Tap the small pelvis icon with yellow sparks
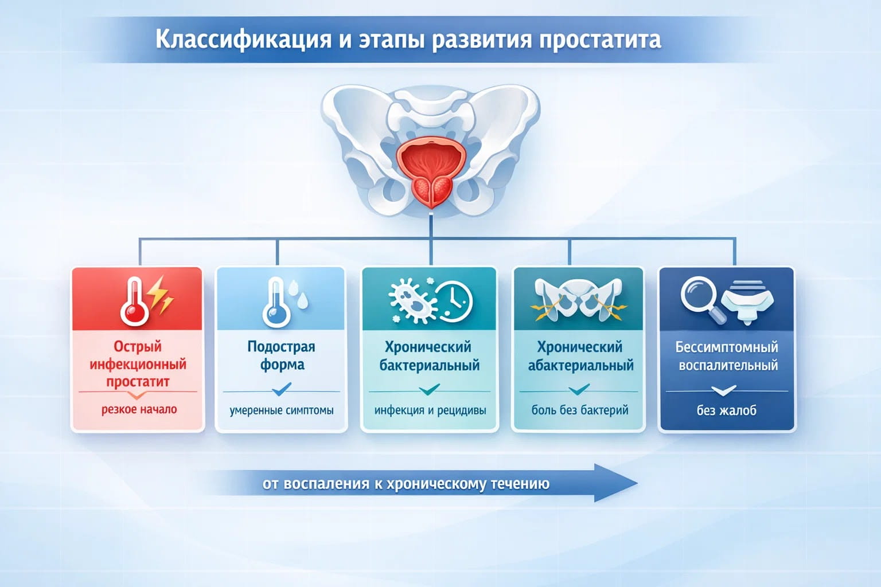tap(578, 299)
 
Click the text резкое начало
tap(139, 409)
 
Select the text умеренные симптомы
tap(281, 410)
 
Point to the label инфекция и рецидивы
tap(430, 410)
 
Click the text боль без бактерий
tap(579, 410)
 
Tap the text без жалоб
tap(726, 410)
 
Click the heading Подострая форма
tap(281, 355)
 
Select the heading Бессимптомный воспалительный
tap(727, 355)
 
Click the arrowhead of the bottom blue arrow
tap(617, 483)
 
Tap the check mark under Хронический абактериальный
tap(579, 390)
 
